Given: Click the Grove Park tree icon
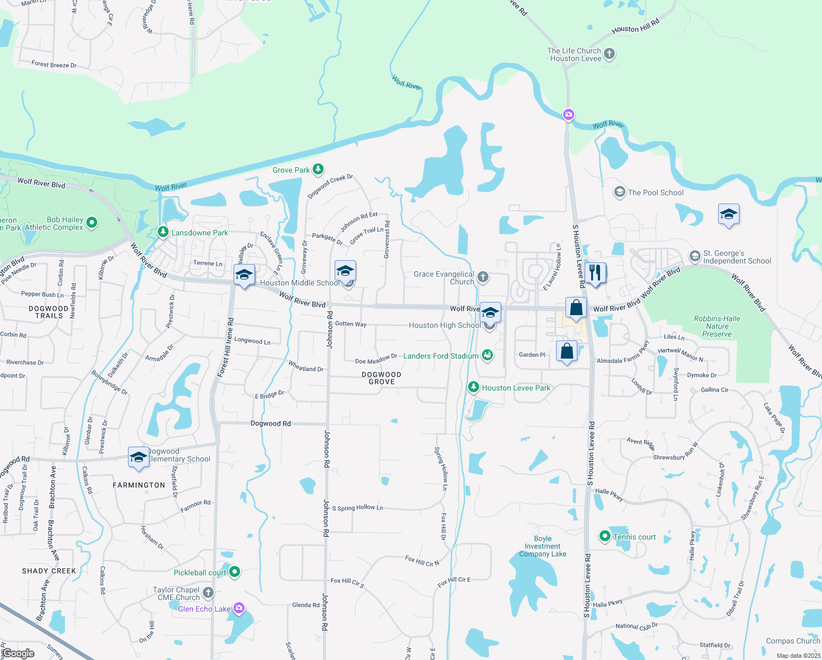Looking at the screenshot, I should pos(318,169).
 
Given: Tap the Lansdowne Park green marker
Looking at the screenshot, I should pos(163,232).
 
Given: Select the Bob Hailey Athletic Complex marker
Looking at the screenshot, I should pos(92,223).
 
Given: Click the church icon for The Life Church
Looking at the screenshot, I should pos(609,54).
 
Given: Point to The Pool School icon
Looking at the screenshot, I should pos(619,192).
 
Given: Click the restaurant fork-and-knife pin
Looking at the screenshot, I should pos(595,272).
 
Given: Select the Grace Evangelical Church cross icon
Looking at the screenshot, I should pos(483,277).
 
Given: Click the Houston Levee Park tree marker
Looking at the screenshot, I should pos(473,387).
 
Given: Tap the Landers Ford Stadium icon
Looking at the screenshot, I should pos(487,355).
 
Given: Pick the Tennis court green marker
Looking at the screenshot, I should pos(605,536).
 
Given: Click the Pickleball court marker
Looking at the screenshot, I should pos(235,572).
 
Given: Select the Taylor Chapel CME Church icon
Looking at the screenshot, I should pos(208,593).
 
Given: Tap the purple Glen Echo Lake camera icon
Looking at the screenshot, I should pos(238,608).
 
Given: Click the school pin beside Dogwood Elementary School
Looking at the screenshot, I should pos(138,457).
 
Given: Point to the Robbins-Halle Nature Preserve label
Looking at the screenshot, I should pos(717,326).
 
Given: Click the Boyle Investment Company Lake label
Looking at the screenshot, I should pos(542,546).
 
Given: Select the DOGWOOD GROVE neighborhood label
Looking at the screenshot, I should pos(381,378).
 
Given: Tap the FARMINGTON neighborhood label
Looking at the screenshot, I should pos(139,485).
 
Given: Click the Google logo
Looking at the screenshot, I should pos(19,653).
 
